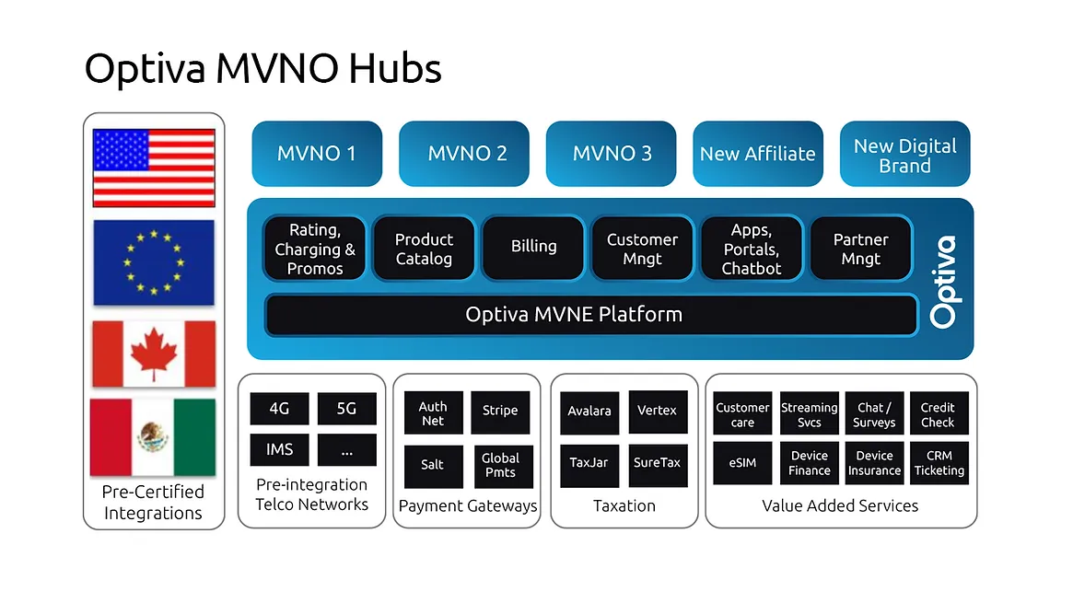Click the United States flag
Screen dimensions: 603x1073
coord(154,167)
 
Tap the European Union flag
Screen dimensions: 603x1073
coord(154,262)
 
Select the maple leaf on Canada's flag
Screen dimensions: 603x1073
coord(154,354)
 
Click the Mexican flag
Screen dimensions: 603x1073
coord(153,436)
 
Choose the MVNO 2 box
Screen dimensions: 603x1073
coord(466,154)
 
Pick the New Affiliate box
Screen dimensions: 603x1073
coord(757,154)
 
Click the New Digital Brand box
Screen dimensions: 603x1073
coord(904,155)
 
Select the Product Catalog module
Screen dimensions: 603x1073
coord(424,249)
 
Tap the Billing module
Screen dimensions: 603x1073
coord(533,247)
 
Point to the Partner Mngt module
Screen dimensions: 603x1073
coord(860,249)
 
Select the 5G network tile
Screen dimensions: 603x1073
coord(346,409)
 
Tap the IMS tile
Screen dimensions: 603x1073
coord(280,449)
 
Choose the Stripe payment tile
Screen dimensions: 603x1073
coord(500,412)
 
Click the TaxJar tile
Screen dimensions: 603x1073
coord(589,462)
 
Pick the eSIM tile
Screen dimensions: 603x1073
coord(742,462)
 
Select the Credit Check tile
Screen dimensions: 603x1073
coord(938,414)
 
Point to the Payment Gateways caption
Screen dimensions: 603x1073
coord(468,505)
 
